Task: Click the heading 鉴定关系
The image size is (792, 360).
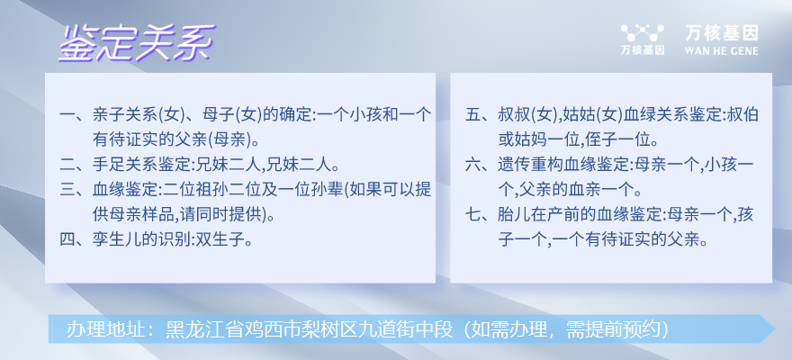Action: tap(137, 43)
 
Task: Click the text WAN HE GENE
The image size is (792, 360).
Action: tap(721, 50)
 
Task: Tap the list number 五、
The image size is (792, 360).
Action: tap(481, 116)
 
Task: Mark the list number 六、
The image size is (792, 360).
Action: tap(481, 165)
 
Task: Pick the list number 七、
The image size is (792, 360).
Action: tap(481, 214)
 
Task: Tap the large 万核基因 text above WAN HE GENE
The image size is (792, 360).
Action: tap(722, 33)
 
